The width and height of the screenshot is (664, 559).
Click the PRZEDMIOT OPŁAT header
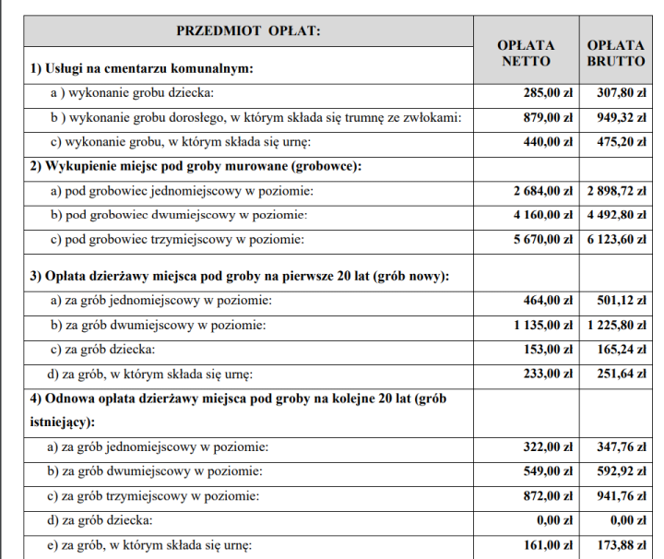(x=248, y=31)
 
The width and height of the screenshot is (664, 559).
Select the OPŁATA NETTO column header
(x=526, y=53)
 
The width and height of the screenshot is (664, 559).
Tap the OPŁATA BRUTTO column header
(x=615, y=53)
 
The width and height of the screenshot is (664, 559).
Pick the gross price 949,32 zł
(x=617, y=117)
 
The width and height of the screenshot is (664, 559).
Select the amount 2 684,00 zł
(x=543, y=191)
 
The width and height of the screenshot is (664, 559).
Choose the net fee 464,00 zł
(x=548, y=301)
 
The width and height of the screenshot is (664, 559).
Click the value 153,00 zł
(x=548, y=350)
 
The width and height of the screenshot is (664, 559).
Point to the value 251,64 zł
(x=617, y=374)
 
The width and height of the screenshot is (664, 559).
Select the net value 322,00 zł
(x=548, y=447)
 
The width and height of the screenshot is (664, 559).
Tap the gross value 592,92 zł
(x=617, y=471)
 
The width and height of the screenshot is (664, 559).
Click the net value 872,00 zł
(x=548, y=495)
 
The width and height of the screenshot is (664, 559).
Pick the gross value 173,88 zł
(x=617, y=544)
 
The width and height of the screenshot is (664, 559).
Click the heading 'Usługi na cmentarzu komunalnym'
(x=141, y=68)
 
